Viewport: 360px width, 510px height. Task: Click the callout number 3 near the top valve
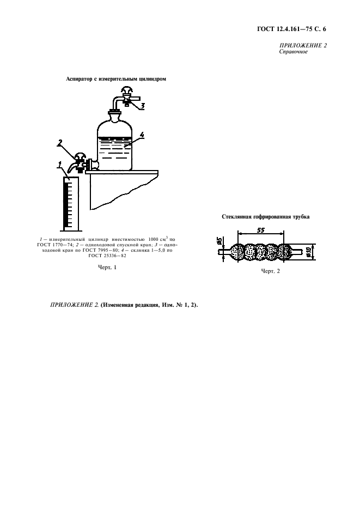tap(143, 105)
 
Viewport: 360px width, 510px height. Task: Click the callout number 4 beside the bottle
tap(142, 134)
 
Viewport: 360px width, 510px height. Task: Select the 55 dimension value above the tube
tap(261, 230)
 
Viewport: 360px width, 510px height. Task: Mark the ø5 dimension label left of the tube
tap(219, 241)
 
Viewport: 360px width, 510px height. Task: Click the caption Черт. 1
tap(107, 267)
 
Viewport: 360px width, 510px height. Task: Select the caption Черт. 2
tap(270, 271)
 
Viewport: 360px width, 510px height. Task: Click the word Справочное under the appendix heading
tap(294, 51)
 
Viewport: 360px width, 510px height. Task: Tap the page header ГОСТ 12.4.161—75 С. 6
tap(291, 29)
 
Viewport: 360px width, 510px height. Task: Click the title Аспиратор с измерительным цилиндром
tap(116, 79)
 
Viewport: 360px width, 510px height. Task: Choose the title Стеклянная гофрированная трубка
tap(266, 217)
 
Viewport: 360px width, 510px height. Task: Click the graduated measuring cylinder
tap(71, 203)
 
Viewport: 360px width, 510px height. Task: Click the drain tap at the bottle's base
tap(80, 162)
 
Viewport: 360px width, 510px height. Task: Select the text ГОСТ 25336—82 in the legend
tap(107, 256)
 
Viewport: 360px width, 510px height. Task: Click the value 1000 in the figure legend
tap(153, 239)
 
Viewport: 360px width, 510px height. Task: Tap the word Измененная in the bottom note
tap(117, 305)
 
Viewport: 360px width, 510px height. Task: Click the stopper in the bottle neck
tap(115, 114)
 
